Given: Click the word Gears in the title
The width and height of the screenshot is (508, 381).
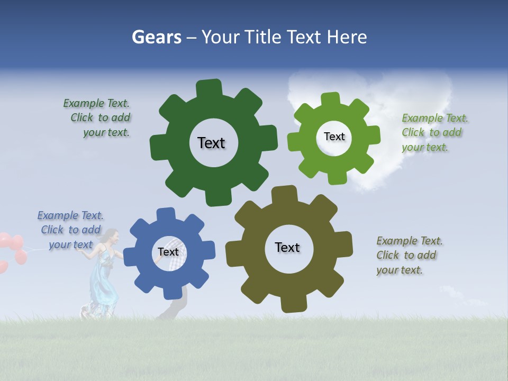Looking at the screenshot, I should [156, 37].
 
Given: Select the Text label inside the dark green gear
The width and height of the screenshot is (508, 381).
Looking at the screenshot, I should [211, 143].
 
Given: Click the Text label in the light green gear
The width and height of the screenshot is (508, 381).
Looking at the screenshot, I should [334, 137].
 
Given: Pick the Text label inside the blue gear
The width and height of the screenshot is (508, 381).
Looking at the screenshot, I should [168, 252].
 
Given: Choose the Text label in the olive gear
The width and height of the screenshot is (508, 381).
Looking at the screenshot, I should [287, 247].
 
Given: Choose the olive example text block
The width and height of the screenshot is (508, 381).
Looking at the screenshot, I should [409, 255].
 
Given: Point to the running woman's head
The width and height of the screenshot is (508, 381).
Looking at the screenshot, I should [111, 235].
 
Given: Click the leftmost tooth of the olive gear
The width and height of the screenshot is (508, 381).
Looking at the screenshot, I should [233, 253].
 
